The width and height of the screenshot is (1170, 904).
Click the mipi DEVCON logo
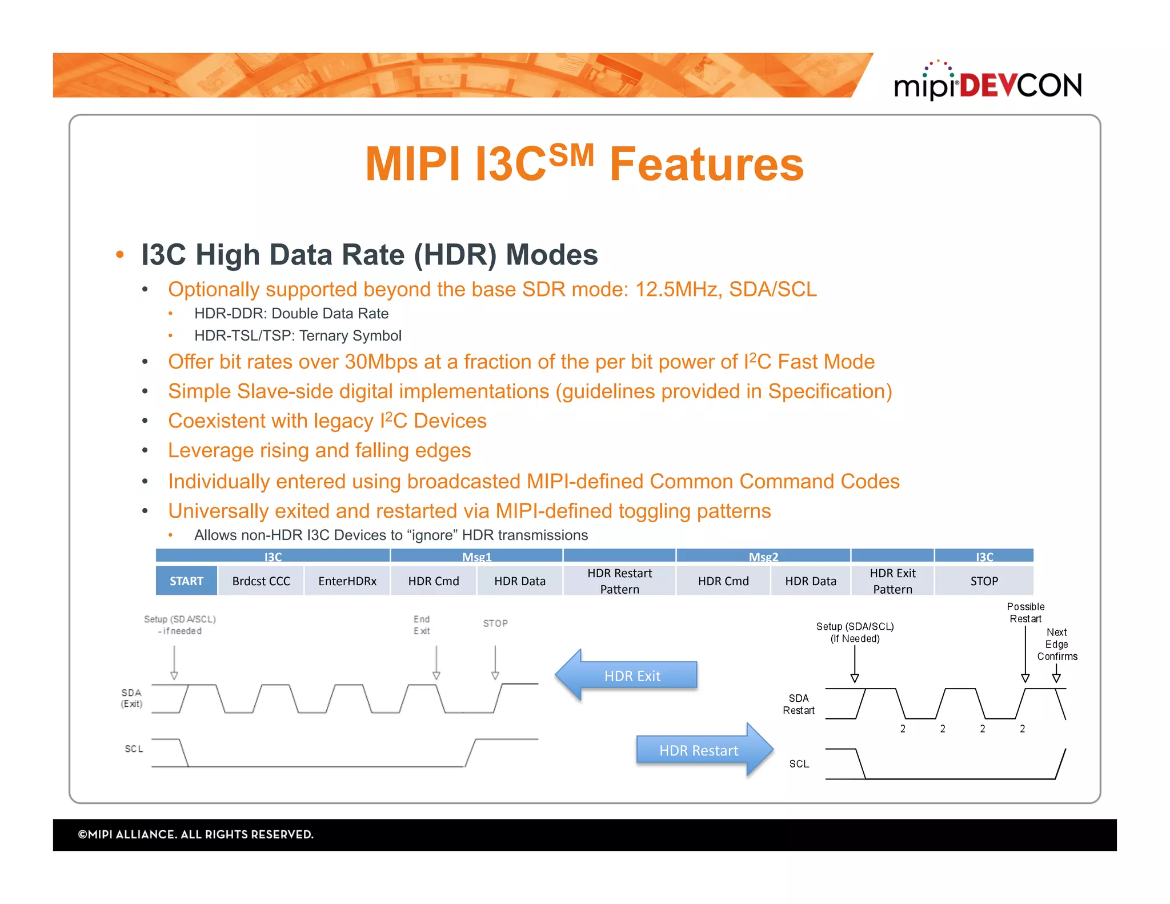tap(987, 83)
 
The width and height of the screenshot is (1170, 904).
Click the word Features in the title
tap(706, 165)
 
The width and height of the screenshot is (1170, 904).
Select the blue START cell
tap(186, 581)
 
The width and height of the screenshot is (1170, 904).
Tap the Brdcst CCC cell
tap(261, 581)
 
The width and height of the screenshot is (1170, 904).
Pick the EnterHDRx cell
tap(347, 581)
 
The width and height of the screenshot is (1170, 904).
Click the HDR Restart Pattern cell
tap(619, 581)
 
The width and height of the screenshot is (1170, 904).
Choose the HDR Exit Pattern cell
tap(892, 581)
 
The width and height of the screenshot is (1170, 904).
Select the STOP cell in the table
tap(984, 581)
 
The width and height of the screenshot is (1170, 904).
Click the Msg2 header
tap(763, 556)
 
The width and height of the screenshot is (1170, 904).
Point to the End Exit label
tap(422, 625)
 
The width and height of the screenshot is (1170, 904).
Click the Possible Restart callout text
tap(1025, 613)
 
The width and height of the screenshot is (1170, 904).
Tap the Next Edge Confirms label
tap(1057, 644)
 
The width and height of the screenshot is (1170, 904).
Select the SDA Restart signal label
tap(798, 704)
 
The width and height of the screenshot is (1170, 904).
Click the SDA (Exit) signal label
tap(131, 698)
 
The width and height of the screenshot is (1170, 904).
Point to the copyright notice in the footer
tap(196, 834)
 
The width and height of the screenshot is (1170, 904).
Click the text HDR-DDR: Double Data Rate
tap(291, 313)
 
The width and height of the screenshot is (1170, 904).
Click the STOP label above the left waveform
tap(495, 623)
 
